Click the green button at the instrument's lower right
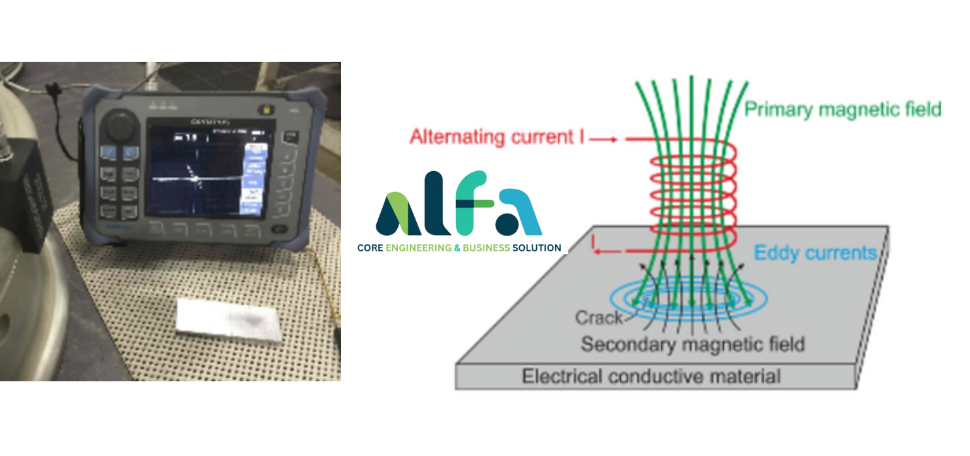(278, 230)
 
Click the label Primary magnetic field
(842, 109)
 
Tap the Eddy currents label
(815, 253)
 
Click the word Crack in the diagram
(597, 318)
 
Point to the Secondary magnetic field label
(692, 345)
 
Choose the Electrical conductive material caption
(650, 377)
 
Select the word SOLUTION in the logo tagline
(537, 248)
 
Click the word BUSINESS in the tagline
(486, 248)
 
